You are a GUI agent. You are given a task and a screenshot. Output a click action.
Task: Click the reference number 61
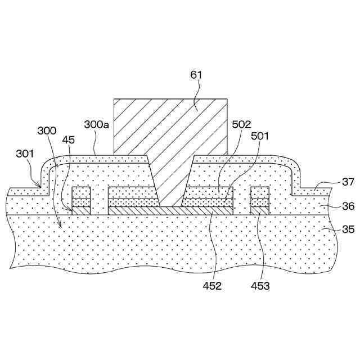196,75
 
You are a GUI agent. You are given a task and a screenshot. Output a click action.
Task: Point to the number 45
69,139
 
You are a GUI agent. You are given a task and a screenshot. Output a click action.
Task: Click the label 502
240,124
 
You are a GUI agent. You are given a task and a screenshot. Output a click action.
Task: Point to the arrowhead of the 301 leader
38,186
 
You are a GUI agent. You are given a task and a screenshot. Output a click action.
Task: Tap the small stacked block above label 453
260,200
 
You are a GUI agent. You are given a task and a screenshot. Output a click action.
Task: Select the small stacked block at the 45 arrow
81,200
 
